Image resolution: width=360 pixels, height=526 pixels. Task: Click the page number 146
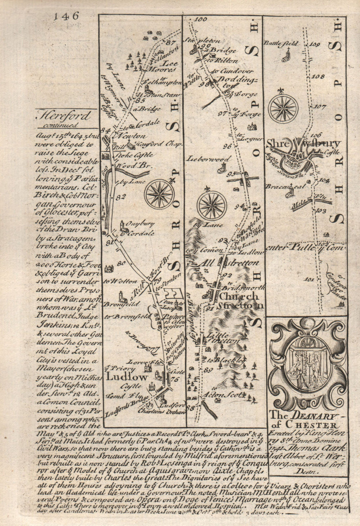tap(65, 16)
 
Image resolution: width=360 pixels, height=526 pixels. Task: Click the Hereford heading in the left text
tap(63, 116)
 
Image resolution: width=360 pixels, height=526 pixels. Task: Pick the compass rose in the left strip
tap(159, 194)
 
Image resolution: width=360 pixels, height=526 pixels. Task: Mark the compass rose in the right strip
tap(284, 108)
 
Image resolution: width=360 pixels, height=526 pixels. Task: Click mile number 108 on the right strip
tap(319, 76)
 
